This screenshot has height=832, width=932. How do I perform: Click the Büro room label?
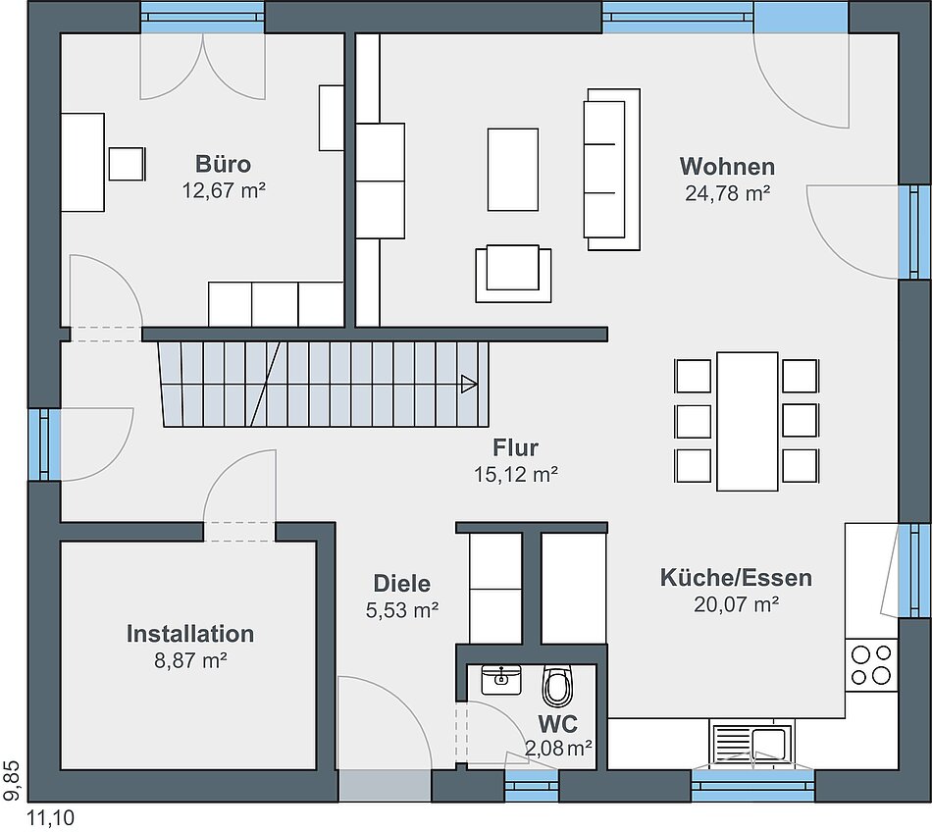coord(223,164)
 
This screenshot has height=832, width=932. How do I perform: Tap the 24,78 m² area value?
coord(728,193)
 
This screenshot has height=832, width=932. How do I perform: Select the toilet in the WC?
coord(557,686)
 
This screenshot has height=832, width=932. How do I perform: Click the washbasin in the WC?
coord(501,680)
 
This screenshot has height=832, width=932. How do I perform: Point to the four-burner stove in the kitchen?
coord(871,665)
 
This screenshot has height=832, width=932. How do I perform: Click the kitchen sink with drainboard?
coord(751,744)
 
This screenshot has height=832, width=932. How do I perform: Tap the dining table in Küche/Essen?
coord(748,421)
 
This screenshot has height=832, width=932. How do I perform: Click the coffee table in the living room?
coord(513,170)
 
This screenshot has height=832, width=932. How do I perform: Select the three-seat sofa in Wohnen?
coord(612,170)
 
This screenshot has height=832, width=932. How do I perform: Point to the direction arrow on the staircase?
coord(469,384)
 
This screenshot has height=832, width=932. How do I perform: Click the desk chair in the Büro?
coord(127,164)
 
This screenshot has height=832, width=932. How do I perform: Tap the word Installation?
coord(190,634)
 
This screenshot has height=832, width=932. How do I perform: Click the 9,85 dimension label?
coord(13,780)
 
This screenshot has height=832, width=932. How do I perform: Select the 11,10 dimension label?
coord(51,818)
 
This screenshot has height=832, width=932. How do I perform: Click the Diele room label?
coord(402,583)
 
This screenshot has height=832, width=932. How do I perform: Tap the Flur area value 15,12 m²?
coord(515,474)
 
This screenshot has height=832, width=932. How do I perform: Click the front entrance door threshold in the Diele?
coord(385,786)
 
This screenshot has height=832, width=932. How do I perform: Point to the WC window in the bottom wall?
coord(532,786)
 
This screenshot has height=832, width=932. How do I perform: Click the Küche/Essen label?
coord(736,578)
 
